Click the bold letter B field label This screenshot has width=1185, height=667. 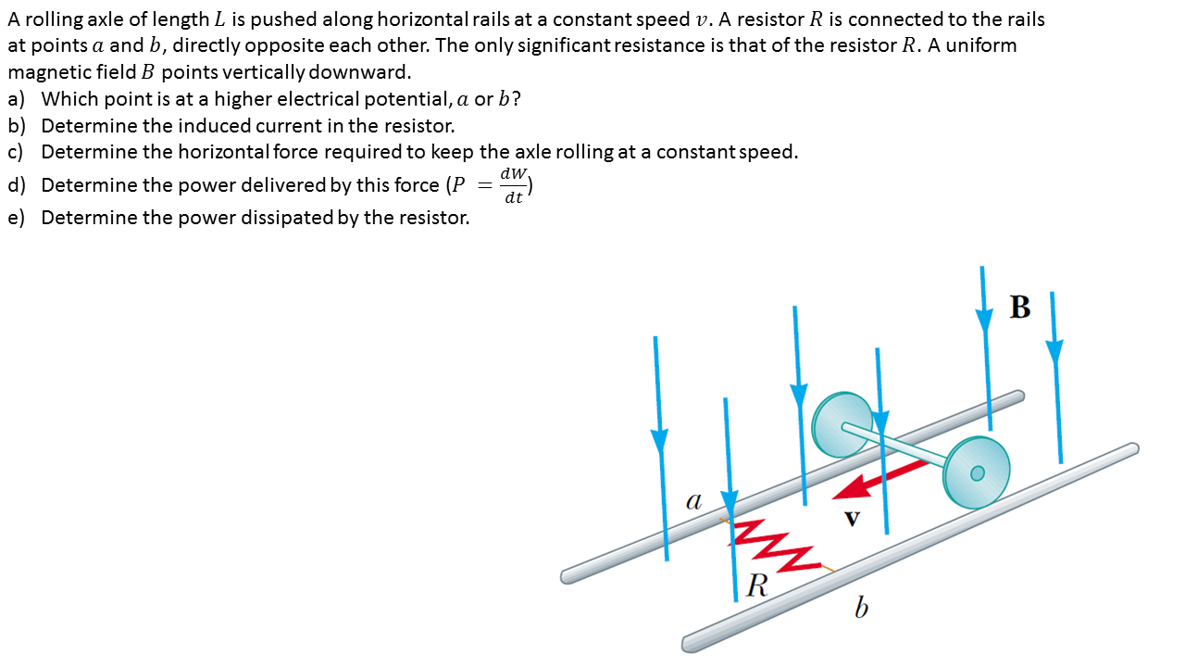pyautogui.click(x=1020, y=307)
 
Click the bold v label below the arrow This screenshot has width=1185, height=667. pyautogui.click(x=852, y=520)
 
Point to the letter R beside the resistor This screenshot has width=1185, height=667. pyautogui.click(x=757, y=585)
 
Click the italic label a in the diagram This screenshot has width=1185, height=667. pyautogui.click(x=693, y=501)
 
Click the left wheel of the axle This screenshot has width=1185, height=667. pyautogui.click(x=841, y=424)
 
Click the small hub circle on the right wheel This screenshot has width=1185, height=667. pyautogui.click(x=978, y=473)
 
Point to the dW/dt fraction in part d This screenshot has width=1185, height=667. pyautogui.click(x=513, y=184)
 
